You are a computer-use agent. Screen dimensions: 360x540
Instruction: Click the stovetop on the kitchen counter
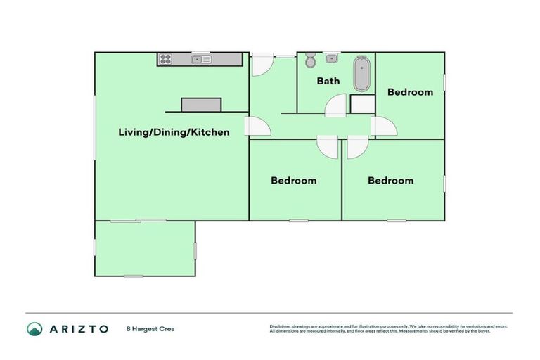166,60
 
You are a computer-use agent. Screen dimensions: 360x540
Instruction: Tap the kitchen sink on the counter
201,60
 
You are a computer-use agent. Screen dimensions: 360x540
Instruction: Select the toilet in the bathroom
310,62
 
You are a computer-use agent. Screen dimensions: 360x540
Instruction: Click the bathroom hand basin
331,58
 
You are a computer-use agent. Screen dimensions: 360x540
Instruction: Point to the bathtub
361,75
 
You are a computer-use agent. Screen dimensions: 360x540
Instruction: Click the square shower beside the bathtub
361,104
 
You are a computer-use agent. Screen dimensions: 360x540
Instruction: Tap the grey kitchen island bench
201,105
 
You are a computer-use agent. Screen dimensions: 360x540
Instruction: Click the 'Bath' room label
328,81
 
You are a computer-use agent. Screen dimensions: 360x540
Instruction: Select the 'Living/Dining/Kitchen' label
173,131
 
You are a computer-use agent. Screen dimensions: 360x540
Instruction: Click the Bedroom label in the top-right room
410,92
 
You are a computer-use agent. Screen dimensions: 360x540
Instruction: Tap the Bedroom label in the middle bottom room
294,181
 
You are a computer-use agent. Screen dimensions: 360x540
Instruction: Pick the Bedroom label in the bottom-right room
390,181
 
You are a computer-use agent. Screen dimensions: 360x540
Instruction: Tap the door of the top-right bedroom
384,127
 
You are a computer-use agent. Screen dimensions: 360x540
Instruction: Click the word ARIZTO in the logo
79,328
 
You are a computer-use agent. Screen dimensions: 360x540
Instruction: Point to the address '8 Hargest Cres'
150,328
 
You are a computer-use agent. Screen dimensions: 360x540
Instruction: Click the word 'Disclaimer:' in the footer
282,326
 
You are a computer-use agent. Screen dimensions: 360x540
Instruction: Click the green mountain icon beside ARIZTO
35,328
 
